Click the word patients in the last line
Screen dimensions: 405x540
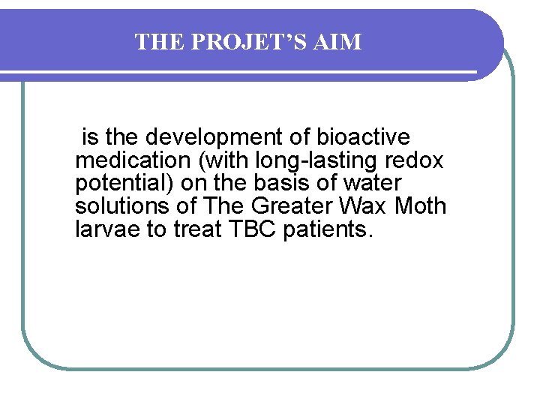point(325,229)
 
